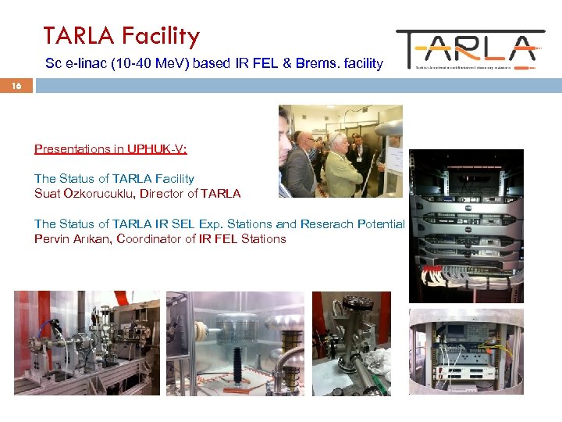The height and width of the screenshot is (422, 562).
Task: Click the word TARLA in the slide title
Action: point(77,36)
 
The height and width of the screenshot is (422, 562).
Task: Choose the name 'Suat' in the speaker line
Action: point(48,193)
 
